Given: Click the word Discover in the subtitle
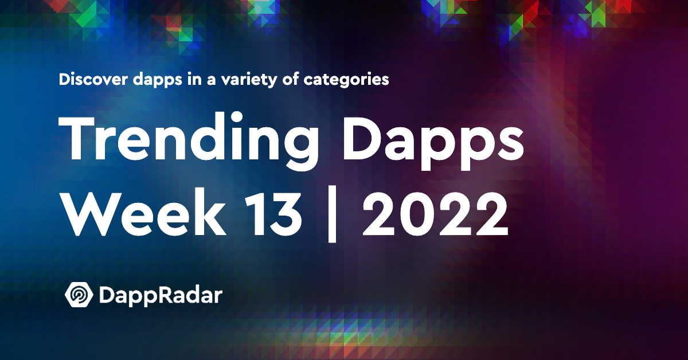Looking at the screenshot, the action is [x=93, y=79].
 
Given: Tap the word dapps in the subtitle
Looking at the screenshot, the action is [x=158, y=80].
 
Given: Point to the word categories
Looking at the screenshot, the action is [x=346, y=80].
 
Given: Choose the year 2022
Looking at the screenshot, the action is [x=435, y=213].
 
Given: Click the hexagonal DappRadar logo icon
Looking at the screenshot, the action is [x=79, y=294].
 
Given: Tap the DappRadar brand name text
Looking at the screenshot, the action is [x=161, y=296].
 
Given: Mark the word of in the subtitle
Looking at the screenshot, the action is [x=291, y=79].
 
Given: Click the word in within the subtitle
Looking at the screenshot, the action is [x=195, y=79].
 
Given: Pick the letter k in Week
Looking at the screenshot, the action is [x=209, y=212].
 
